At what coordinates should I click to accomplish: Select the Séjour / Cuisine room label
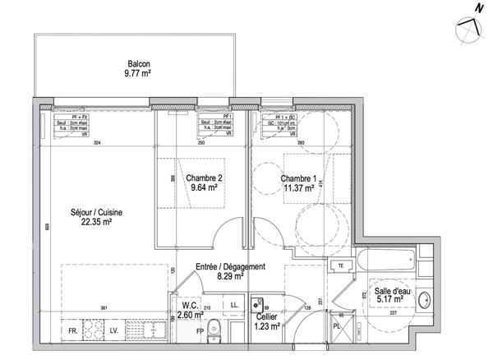point(101,216)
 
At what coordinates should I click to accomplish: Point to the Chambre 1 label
point(298,182)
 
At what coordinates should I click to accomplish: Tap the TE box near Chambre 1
point(339,265)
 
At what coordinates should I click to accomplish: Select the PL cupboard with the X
point(338,326)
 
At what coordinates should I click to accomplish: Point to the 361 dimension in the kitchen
point(104,308)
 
